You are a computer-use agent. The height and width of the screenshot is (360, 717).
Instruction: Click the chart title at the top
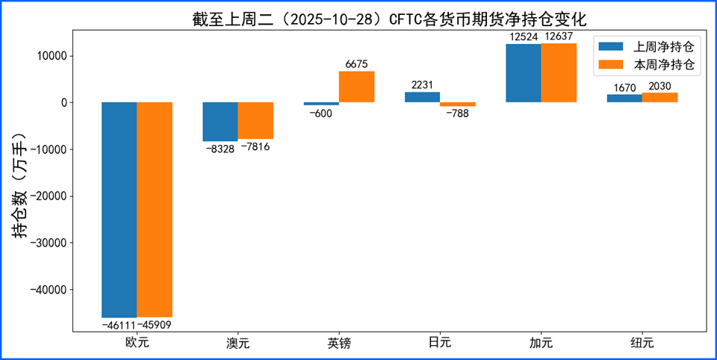389,18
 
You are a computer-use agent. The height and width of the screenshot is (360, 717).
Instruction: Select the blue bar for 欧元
119,209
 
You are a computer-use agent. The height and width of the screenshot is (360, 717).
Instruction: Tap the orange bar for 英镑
356,87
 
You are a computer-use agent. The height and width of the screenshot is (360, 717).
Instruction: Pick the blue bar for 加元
523,73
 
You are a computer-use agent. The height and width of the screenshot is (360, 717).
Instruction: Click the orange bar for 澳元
255,120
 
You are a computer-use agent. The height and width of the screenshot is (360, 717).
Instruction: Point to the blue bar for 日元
422,97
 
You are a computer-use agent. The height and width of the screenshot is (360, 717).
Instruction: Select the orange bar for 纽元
659,98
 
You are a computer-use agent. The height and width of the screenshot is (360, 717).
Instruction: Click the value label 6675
356,65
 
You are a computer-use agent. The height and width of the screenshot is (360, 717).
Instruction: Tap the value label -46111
118,326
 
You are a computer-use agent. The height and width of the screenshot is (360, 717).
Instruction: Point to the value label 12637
559,37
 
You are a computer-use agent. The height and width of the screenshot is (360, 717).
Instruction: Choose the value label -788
457,114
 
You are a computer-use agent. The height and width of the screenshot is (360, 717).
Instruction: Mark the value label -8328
220,149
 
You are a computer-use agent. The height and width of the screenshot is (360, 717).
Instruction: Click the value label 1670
624,87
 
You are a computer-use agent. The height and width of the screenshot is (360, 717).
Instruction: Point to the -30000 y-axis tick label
46,243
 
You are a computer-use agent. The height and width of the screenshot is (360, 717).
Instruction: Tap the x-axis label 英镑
339,344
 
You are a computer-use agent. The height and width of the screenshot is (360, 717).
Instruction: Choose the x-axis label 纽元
642,344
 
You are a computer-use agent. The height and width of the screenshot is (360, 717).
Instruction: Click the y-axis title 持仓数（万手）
20,185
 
